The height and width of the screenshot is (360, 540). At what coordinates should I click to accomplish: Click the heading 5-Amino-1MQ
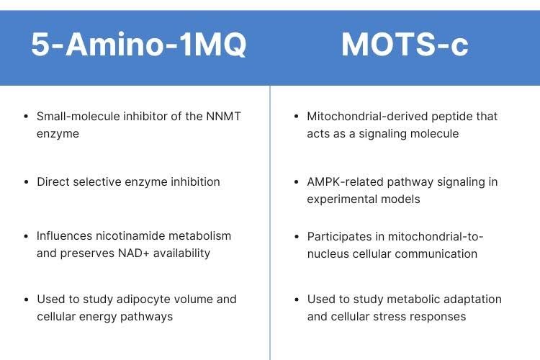139,45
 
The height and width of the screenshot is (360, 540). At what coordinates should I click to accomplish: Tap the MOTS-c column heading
405,45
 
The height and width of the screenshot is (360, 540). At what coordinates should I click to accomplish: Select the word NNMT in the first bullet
223,117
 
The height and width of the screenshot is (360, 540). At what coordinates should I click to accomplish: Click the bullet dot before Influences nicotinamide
26,236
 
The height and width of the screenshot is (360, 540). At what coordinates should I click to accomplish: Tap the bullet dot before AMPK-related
297,182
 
